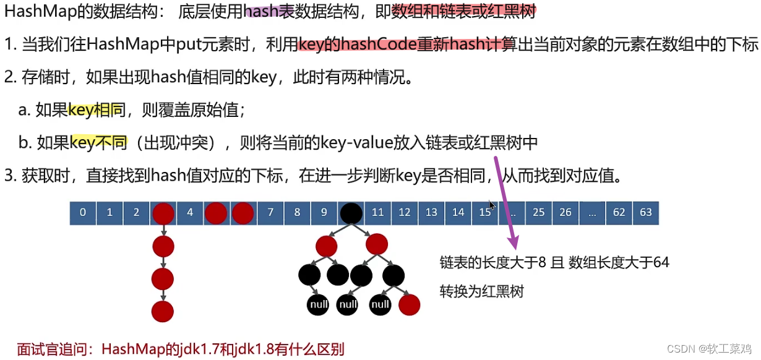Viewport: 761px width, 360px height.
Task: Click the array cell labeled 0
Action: pyautogui.click(x=83, y=213)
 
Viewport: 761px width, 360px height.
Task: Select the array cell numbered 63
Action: pyautogui.click(x=646, y=213)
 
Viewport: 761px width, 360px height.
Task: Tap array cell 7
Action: pyautogui.click(x=270, y=213)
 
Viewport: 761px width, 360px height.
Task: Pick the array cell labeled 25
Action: pyautogui.click(x=539, y=213)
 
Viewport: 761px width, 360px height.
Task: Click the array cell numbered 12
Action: pyautogui.click(x=405, y=213)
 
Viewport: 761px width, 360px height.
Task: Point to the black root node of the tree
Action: pyautogui.click(x=351, y=213)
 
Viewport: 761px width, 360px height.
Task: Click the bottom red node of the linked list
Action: pyautogui.click(x=163, y=312)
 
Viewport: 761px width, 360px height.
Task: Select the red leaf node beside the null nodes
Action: pyautogui.click(x=410, y=304)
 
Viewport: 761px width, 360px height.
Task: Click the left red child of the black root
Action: pyautogui.click(x=326, y=246)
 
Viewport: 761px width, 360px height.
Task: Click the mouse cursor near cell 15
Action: pyautogui.click(x=491, y=205)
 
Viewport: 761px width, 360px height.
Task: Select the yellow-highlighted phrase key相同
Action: pyautogui.click(x=96, y=111)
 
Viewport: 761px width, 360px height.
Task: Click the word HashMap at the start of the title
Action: pyautogui.click(x=29, y=11)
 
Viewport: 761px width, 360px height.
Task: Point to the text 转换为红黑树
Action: pyautogui.click(x=481, y=291)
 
